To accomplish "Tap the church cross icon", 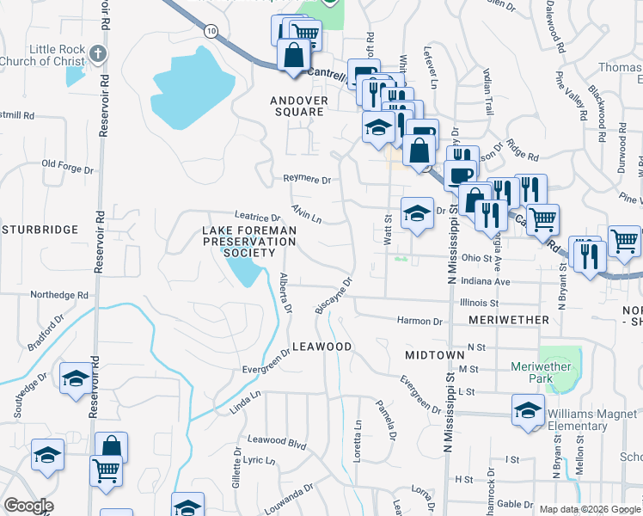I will tap(98, 54).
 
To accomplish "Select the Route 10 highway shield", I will tap(211, 31).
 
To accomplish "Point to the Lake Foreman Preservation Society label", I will tap(249, 242).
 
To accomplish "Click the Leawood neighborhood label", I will tap(322, 347).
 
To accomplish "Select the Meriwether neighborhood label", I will tap(509, 320).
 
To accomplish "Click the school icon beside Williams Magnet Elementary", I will tap(528, 410).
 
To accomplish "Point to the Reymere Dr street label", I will tap(308, 180).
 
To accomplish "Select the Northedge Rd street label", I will tap(59, 295).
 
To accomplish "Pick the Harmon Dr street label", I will tap(419, 322).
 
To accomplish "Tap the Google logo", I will tap(28, 506).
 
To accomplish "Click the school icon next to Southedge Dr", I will tap(76, 379).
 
